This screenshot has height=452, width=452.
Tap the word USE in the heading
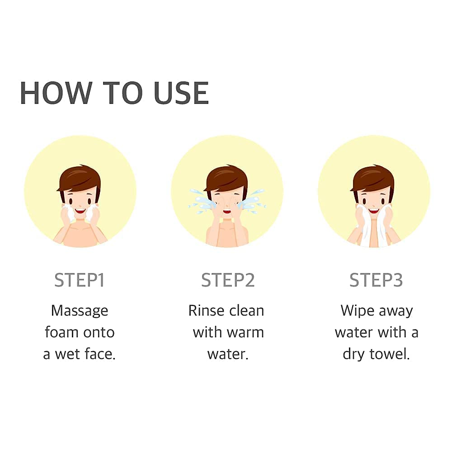click(181, 93)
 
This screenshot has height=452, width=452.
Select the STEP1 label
click(79, 280)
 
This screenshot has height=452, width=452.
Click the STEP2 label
click(228, 280)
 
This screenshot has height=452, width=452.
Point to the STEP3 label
click(376, 280)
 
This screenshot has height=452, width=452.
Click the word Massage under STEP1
click(80, 311)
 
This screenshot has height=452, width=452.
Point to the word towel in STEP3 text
click(390, 354)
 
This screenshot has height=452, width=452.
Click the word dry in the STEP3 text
click(353, 354)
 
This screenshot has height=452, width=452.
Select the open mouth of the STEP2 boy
click(227, 212)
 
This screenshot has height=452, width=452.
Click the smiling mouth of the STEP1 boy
click(80, 211)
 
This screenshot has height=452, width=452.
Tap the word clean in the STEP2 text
click(247, 311)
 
